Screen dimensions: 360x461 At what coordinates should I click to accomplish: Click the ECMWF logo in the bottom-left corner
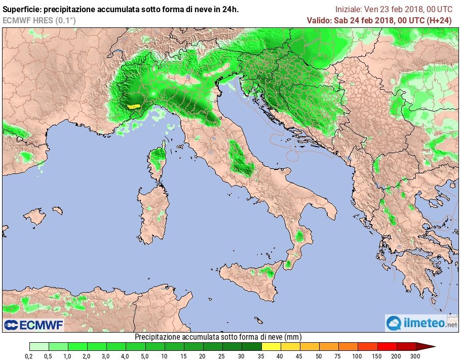point(33,325)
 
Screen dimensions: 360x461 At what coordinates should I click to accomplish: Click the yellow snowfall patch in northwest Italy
point(133,106)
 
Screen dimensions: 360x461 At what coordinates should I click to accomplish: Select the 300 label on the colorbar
point(415,356)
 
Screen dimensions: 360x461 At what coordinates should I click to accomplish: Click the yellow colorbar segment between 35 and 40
point(272,347)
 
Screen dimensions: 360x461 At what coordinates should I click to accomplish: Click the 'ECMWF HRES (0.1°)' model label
point(39,20)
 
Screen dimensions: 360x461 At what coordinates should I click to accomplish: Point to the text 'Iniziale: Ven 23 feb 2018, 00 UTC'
point(394,9)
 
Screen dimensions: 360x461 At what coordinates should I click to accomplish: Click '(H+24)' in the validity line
point(440,20)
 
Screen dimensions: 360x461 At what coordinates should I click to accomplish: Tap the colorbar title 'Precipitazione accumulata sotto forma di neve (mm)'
point(218,337)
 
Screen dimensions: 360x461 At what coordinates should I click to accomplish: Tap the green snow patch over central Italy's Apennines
point(237,157)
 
